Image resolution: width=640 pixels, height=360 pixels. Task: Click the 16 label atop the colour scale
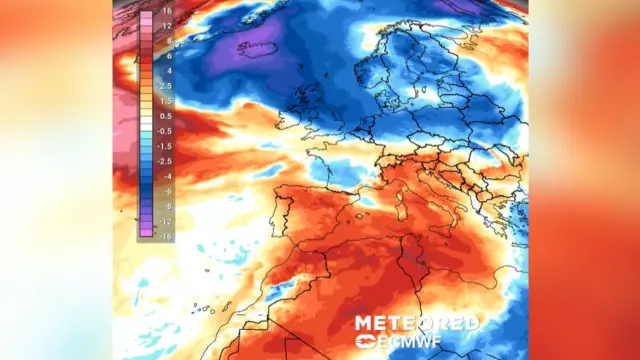pos(167,11)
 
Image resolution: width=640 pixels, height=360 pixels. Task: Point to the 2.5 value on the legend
pos(166,86)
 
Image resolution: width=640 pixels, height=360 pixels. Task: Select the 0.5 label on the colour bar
pos(166,115)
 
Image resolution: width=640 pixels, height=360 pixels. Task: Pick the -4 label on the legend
pos(166,175)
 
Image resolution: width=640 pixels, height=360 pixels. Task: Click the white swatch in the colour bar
pos(146,123)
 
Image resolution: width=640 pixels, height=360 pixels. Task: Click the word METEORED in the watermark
pos(416,324)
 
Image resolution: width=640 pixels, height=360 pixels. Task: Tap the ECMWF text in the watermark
pos(428,342)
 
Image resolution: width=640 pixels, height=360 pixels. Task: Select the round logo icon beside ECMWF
pos(364,342)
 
